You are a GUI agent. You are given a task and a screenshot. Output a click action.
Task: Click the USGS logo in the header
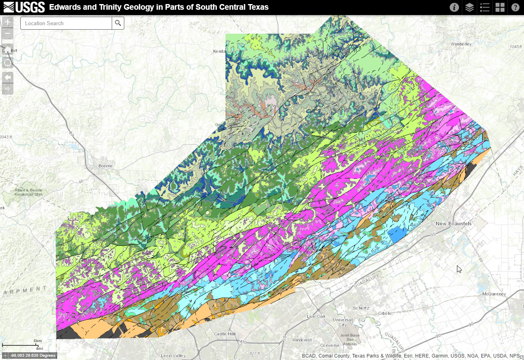pyautogui.click(x=24, y=7)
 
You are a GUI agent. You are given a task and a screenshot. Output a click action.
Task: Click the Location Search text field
pyautogui.click(x=66, y=23)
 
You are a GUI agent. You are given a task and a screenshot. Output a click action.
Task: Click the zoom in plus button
pyautogui.click(x=8, y=22)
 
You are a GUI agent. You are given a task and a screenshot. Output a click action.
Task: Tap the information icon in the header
pyautogui.click(x=454, y=7)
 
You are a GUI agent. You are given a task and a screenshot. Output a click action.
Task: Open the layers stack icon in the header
pyautogui.click(x=470, y=7)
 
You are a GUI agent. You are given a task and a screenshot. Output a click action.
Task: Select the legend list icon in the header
pyautogui.click(x=485, y=7)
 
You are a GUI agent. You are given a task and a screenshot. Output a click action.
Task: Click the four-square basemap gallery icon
pyautogui.click(x=500, y=7)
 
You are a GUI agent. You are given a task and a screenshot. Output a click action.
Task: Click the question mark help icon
pyautogui.click(x=515, y=7)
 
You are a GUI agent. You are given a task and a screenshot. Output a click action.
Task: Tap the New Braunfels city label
pyautogui.click(x=454, y=224)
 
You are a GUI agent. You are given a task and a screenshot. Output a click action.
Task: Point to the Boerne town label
pyautogui.click(x=105, y=166)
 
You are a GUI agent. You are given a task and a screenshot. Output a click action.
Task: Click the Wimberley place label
pyautogui.click(x=461, y=44)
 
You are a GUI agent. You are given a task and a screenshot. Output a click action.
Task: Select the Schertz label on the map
pyautogui.click(x=361, y=308)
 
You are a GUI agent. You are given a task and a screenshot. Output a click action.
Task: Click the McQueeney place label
pyautogui.click(x=494, y=293)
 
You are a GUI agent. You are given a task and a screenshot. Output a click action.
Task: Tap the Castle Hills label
pyautogui.click(x=225, y=334)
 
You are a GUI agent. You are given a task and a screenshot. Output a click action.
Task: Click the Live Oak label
pyautogui.click(x=316, y=316)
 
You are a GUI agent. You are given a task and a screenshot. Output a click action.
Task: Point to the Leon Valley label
pyautogui.click(x=173, y=356)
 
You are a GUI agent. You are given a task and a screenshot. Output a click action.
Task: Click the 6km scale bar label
pyautogui.click(x=38, y=340)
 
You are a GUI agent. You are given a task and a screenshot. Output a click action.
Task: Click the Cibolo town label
pyautogui.click(x=384, y=313)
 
